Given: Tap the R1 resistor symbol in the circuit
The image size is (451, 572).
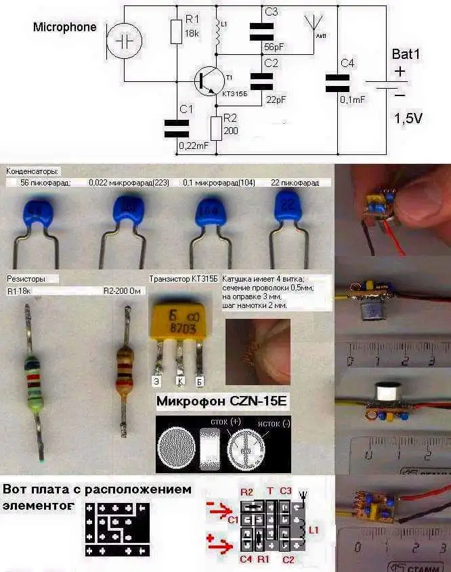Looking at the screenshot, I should click(x=176, y=30).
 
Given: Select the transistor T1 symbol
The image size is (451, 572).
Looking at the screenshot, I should click(x=206, y=81).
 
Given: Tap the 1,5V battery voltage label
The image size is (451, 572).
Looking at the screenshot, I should click(x=408, y=118).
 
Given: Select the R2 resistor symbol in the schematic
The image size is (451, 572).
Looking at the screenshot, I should click(x=216, y=127).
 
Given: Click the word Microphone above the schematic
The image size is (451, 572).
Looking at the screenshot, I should click(x=64, y=28).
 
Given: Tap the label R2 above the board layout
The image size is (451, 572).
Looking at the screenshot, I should click(x=246, y=491).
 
